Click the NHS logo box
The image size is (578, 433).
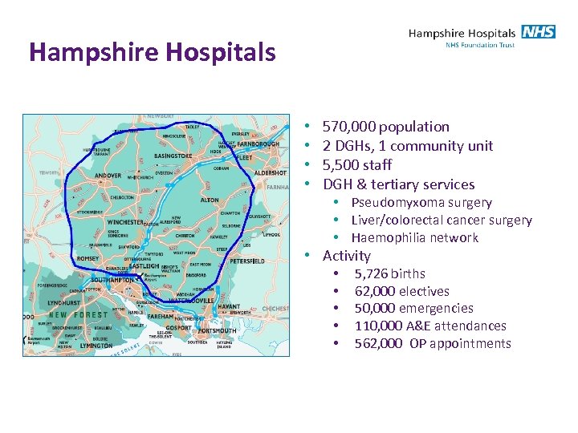tap(538, 32)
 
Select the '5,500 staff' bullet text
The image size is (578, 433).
tap(357, 165)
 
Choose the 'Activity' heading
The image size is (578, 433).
tap(347, 256)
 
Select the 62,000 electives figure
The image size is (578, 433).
tap(373, 291)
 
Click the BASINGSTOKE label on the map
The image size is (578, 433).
tap(173, 156)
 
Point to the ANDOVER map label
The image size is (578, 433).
tap(108, 176)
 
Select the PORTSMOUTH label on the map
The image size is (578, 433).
tap(217, 330)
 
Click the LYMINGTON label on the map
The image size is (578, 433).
tap(96, 346)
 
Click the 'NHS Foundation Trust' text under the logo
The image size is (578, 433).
tap(480, 45)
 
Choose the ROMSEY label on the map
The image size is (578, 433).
tap(88, 259)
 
